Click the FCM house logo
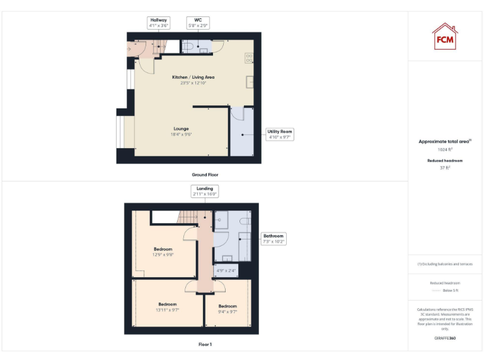coord(445,37)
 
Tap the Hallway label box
coord(159,23)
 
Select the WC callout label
coord(197,23)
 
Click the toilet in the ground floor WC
coord(189,46)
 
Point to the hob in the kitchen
coord(249,57)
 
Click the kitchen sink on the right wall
coord(250,81)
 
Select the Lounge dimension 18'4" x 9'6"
coord(181,134)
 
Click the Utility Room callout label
coord(280,134)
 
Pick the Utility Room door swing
coord(236,115)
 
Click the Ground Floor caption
coord(205,175)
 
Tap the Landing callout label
coord(205,191)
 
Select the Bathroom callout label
coord(274,238)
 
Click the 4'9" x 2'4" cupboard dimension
coord(225,271)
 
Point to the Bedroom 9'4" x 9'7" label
coord(227,308)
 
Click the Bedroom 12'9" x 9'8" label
coord(163,251)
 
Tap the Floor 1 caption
coord(205,345)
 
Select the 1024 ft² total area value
coord(445,149)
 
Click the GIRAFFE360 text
coord(445,338)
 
